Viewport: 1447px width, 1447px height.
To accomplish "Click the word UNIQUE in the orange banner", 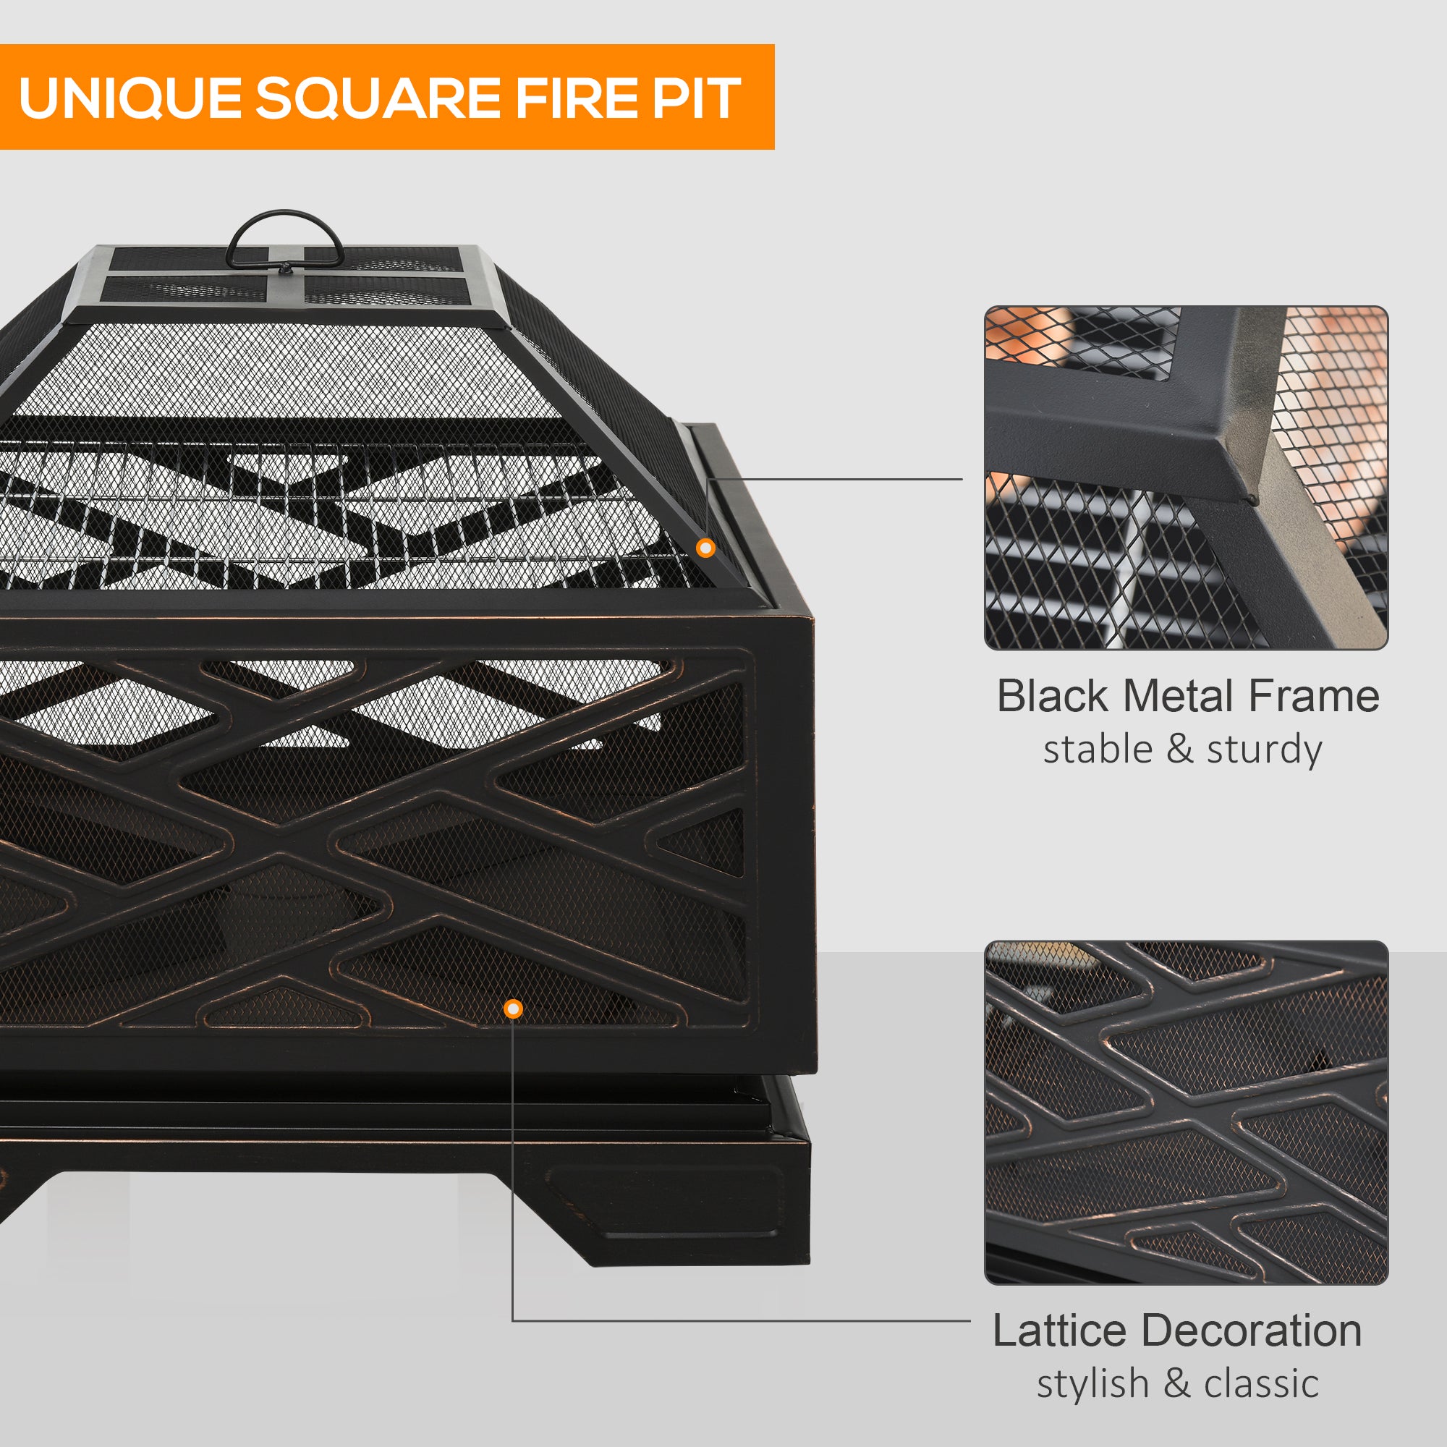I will pos(129,98).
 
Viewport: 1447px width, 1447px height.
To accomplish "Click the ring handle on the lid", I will pos(284,238).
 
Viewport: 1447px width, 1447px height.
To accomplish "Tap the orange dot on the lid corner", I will pos(705,548).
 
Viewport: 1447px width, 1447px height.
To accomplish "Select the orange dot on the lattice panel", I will pos(513,1009).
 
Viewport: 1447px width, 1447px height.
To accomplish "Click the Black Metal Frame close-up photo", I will pos(1186,477).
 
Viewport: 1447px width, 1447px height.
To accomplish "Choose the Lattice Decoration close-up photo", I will pos(1186,1112).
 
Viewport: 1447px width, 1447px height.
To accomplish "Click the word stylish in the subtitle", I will pos(1092,1383).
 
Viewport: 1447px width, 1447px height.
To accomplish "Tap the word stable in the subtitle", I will pos(1098,750).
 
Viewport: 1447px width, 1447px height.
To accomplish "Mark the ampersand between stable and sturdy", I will pos(1179,750).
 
